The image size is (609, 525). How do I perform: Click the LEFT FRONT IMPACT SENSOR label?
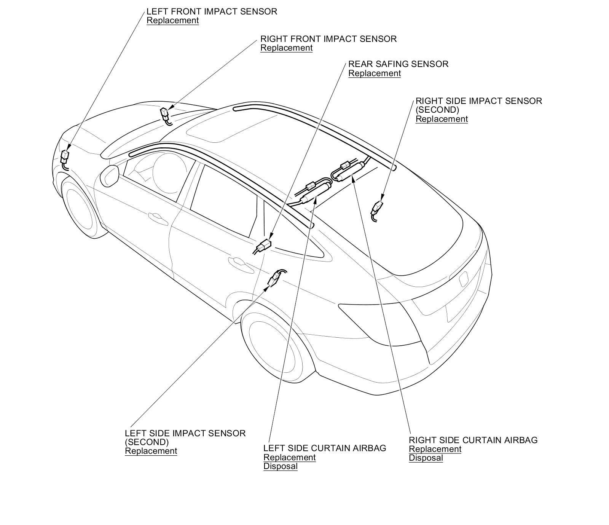click(x=212, y=11)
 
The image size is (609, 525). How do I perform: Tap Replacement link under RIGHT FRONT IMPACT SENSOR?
click(x=286, y=48)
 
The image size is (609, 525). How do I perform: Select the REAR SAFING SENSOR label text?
click(x=398, y=64)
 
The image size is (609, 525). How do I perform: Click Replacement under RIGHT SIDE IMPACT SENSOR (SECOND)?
click(x=442, y=119)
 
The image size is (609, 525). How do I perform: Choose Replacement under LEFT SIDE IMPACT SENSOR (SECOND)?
click(x=151, y=451)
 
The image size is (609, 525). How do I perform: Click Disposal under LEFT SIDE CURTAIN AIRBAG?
click(x=280, y=466)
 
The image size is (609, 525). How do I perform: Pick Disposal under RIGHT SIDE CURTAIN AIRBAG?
click(x=426, y=458)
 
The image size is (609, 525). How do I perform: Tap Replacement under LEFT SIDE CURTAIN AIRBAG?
click(x=289, y=457)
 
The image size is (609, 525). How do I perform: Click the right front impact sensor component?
click(x=164, y=113)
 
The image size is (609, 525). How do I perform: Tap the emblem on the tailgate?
click(x=464, y=279)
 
